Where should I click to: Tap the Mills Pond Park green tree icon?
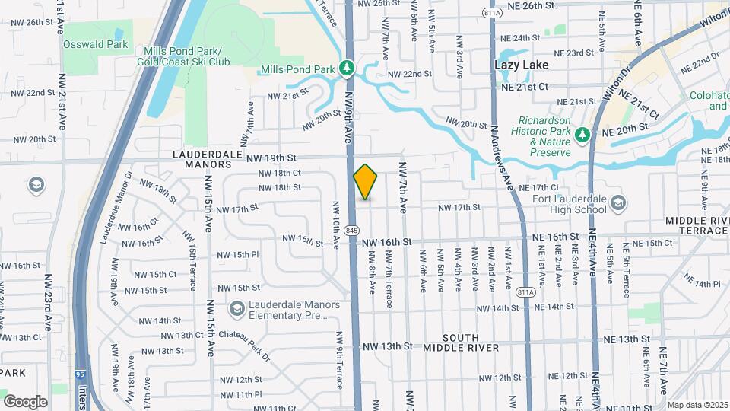(348, 68)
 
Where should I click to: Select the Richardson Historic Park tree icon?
(582, 134)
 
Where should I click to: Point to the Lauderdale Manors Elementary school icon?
(237, 309)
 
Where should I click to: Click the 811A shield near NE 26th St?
(491, 12)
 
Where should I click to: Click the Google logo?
(26, 401)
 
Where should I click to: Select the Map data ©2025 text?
(697, 405)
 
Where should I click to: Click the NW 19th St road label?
(271, 158)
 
